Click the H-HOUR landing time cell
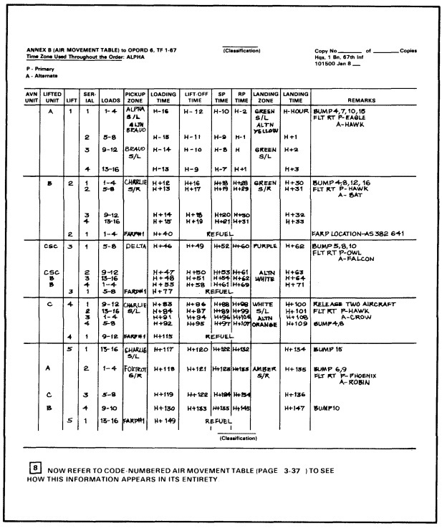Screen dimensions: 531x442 [x=294, y=113]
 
